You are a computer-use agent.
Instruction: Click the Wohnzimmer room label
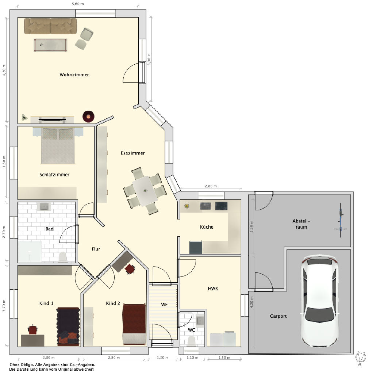tap(74, 75)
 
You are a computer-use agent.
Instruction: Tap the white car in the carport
tap(319, 301)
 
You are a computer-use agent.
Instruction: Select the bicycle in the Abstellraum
tap(341, 220)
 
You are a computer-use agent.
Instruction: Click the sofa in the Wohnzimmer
tap(50, 26)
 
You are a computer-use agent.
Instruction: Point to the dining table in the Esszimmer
tap(145, 191)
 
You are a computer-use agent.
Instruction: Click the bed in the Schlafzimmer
tap(58, 146)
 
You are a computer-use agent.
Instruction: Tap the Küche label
tap(207, 227)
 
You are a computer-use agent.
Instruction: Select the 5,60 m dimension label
tap(78, 4)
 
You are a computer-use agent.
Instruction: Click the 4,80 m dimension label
tap(4, 70)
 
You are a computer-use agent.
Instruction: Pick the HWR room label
tap(213, 289)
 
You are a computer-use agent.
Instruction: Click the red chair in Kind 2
tap(130, 269)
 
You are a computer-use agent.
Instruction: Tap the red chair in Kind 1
tap(32, 329)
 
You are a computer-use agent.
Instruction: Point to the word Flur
tap(96, 249)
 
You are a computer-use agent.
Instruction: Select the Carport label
tap(278, 316)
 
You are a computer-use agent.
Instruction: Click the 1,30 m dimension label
tap(162, 358)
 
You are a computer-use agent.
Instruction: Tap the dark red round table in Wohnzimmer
tap(88, 117)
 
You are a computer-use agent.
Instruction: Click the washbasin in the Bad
tap(44, 207)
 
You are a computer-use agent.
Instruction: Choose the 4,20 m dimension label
tap(251, 302)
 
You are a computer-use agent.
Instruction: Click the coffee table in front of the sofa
tap(50, 45)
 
